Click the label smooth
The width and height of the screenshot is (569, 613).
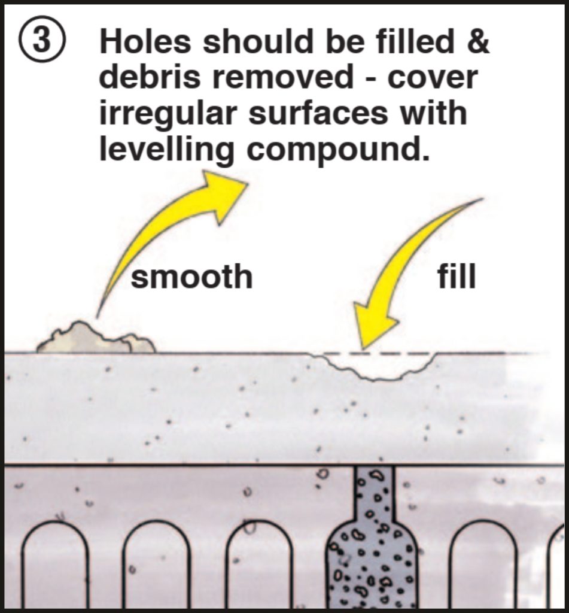click(191, 277)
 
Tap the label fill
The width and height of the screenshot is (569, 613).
click(457, 277)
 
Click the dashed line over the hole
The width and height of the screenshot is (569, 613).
click(377, 354)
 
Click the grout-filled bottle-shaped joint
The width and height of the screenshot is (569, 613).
click(372, 545)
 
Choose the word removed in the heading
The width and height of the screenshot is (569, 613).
click(285, 78)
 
